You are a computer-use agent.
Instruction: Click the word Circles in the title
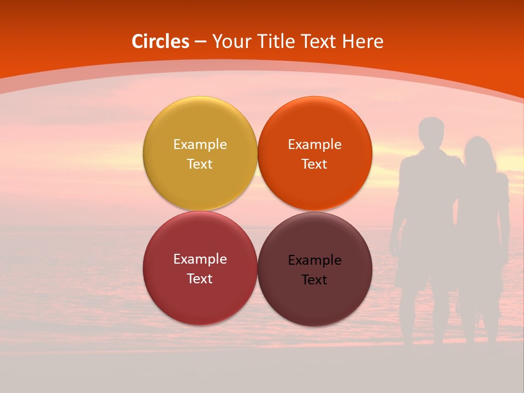pos(160,41)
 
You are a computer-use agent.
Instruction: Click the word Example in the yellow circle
pos(200,144)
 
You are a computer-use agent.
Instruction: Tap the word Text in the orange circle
pos(314,164)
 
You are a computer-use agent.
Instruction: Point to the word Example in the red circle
pos(200,259)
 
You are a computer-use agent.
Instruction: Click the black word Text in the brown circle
pos(314,279)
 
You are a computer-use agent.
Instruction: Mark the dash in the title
pos(200,42)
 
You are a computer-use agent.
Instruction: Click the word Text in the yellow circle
pos(200,164)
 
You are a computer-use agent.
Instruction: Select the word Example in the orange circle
pos(314,144)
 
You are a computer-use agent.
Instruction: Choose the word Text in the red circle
pos(200,278)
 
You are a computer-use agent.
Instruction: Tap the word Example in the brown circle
pos(314,260)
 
